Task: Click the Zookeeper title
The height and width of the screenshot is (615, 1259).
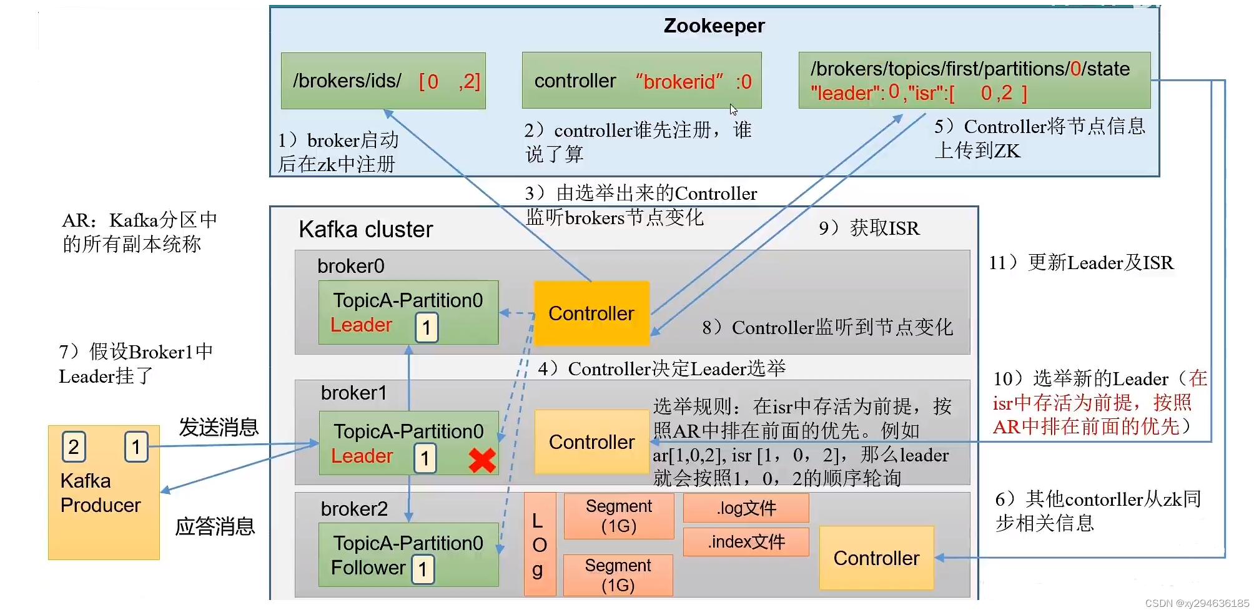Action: pos(714,26)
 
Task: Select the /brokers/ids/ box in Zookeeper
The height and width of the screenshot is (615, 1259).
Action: pos(383,81)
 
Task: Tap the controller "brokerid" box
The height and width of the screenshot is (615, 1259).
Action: pos(641,81)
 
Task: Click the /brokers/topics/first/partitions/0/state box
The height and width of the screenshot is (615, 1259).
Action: pos(974,81)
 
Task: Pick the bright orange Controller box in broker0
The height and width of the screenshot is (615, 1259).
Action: pos(591,313)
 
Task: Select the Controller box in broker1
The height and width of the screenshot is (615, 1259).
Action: pos(591,442)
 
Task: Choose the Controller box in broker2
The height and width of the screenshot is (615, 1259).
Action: pos(876,558)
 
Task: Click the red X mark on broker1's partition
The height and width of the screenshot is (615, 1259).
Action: pos(482,460)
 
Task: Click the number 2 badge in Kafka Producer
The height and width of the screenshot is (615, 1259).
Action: pos(74,446)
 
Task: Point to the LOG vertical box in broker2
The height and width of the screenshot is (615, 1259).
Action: pos(539,544)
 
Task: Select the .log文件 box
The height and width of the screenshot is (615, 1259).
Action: pos(746,508)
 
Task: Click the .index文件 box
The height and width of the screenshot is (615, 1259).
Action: pos(746,541)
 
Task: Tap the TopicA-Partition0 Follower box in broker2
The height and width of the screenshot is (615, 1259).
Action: pos(408,555)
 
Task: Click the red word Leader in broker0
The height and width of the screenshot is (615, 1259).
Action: pos(361,325)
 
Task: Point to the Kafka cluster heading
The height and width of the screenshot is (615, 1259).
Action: pos(365,229)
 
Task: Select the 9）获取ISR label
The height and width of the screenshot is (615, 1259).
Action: pos(869,228)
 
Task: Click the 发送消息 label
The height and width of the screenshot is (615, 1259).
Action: pos(219,427)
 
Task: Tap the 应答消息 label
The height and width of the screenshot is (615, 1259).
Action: pos(215,526)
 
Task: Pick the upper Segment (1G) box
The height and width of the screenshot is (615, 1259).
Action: pos(618,516)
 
